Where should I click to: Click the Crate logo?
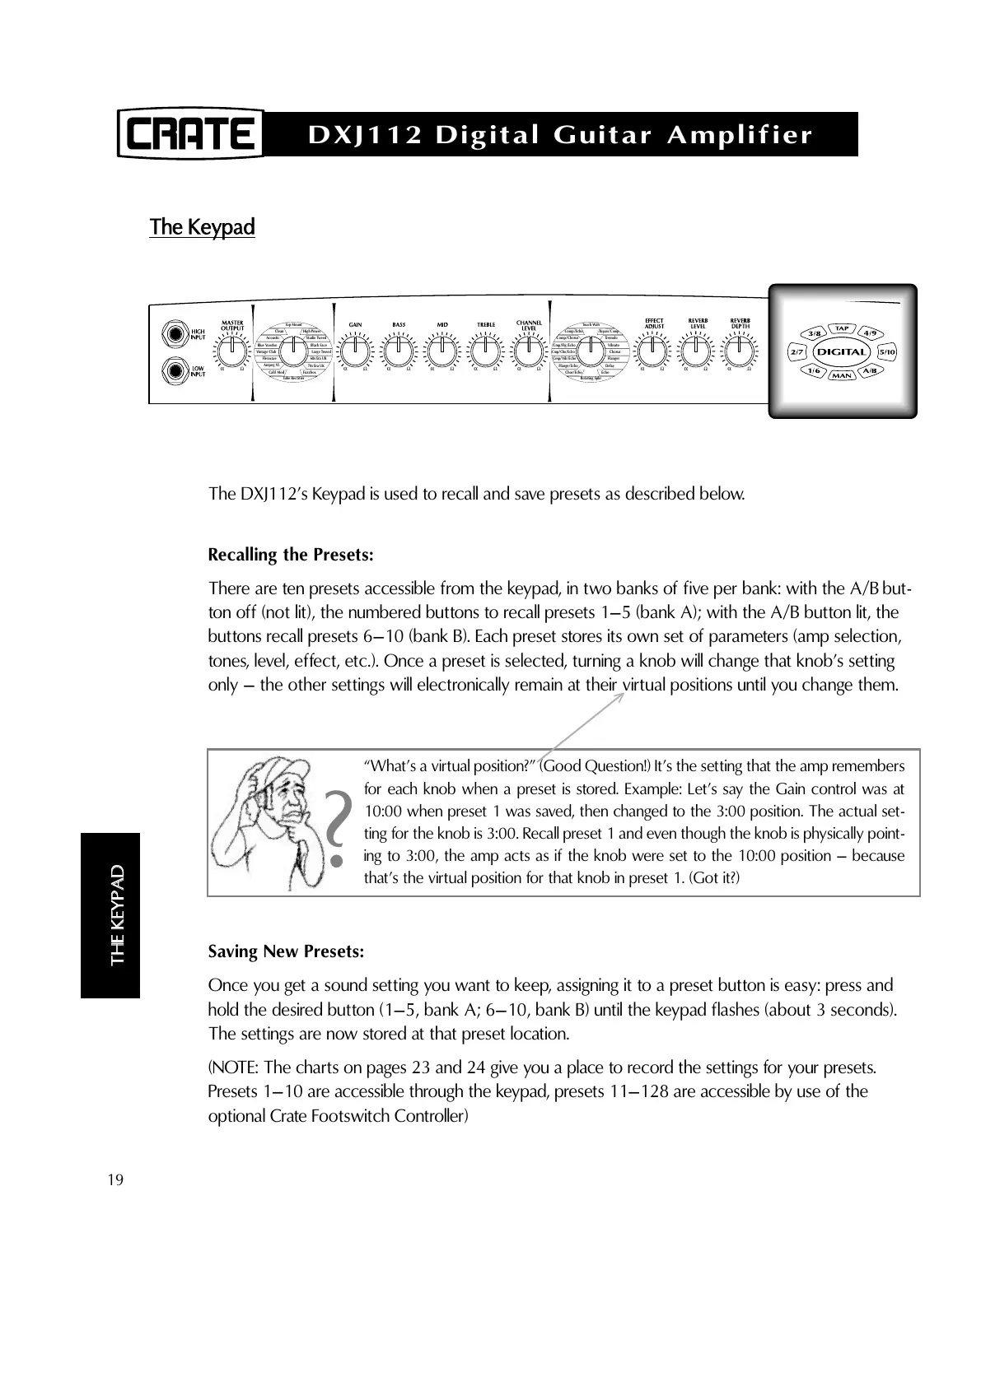click(x=189, y=133)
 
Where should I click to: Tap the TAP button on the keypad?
click(x=842, y=328)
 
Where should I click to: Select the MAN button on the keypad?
click(x=842, y=376)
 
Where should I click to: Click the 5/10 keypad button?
click(x=887, y=352)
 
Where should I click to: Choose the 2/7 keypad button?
click(x=796, y=352)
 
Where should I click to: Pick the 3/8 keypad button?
click(x=815, y=333)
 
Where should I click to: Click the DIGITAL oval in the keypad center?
click(x=842, y=352)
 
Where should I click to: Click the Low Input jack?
click(x=175, y=371)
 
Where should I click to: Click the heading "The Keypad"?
click(x=202, y=227)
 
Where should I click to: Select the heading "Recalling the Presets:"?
click(x=291, y=555)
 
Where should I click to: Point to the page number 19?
click(x=115, y=1180)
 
